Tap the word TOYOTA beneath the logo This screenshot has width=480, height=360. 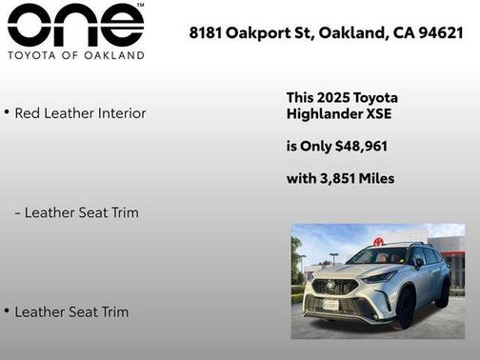tap(35, 55)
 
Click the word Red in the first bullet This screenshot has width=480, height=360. tap(29, 113)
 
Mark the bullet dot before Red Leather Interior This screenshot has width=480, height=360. tap(6, 112)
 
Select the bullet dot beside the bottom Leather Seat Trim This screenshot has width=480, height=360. tap(6, 310)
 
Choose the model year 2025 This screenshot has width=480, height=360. tap(334, 98)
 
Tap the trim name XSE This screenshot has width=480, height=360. tap(378, 114)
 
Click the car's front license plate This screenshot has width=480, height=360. tap(330, 305)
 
